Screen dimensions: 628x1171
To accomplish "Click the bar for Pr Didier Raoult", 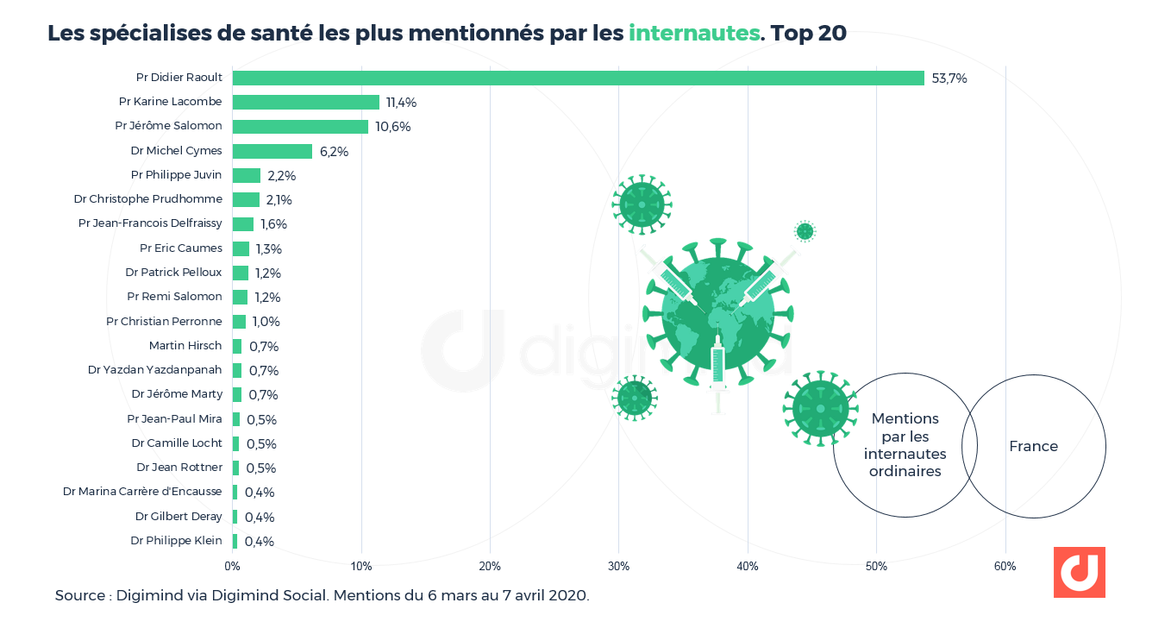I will coord(578,78).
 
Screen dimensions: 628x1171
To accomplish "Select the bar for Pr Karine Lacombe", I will coord(306,102).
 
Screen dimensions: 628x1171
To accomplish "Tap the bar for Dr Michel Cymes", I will coord(272,151).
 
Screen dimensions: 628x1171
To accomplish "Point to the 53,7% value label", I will coord(949,78).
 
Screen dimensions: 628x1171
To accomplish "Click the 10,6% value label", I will coord(393,127).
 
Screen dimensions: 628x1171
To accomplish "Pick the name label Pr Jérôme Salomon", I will coord(168,126).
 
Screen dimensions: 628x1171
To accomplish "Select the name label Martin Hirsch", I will coord(185,346).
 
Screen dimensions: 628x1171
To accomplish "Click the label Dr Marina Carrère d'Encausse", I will coord(142,492).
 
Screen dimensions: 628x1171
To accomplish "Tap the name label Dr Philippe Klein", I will coord(176,541).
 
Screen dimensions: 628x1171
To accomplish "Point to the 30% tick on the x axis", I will coord(618,567).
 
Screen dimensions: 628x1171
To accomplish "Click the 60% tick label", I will coord(1005,567).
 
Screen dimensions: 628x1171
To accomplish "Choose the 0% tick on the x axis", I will coord(232,567).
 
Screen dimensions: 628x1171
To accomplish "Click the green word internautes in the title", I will coord(694,34).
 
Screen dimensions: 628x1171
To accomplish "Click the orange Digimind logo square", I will coord(1079,572).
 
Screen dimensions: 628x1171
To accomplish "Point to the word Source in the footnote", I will coord(82,595).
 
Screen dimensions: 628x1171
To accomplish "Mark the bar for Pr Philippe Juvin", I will coord(247,175).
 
